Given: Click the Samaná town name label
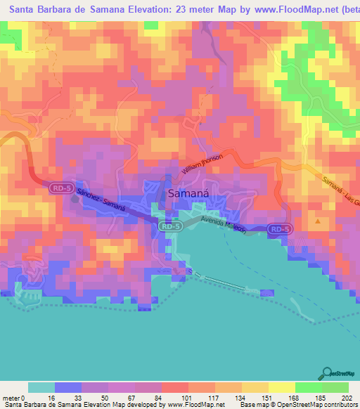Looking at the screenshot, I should [186, 194].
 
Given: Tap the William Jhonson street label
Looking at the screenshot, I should [201, 165].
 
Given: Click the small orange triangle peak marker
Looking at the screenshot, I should [318, 221].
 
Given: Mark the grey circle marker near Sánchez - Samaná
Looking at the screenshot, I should [75, 198].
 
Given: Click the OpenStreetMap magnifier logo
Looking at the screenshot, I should [327, 373].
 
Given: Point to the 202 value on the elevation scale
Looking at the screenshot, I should [345, 397].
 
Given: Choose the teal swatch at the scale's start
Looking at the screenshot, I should [41, 387].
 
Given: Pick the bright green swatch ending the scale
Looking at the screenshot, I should [335, 387].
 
